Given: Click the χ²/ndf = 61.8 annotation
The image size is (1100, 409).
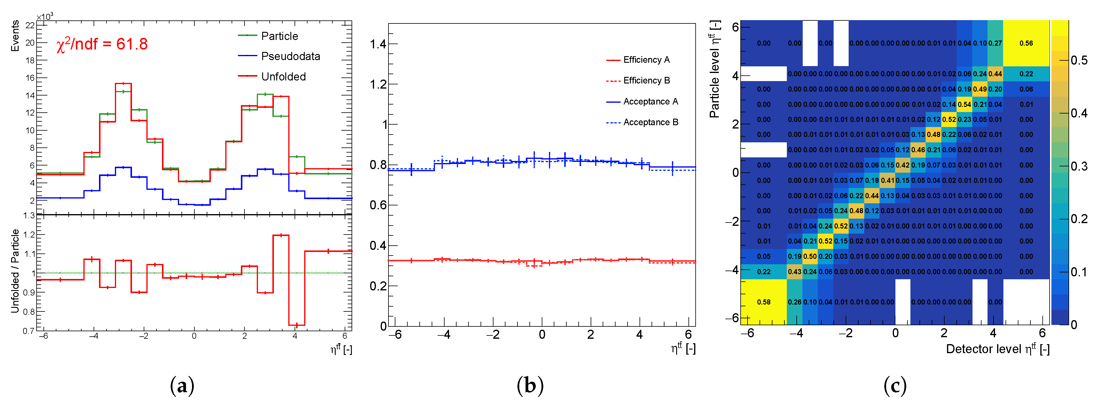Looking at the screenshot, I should tap(102, 44).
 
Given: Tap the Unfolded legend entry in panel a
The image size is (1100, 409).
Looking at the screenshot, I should tap(283, 77).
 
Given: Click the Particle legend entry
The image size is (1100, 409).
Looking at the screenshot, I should tap(279, 36).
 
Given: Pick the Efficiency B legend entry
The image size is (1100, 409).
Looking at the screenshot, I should tap(646, 81).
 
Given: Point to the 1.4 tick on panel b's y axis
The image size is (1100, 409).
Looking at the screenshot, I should tap(378, 44).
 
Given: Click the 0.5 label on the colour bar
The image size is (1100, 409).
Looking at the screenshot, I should tap(1079, 60).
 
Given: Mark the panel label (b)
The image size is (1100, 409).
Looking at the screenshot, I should tap(530, 386).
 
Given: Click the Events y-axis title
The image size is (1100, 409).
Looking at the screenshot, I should tap(15, 36).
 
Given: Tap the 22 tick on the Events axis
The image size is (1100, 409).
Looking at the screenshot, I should tap(30, 26).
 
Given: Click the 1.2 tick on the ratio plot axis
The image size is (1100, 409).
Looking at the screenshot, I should tap(29, 235).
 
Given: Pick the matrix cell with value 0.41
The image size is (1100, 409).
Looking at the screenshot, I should tap(887, 180).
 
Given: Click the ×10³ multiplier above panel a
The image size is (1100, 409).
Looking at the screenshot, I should tap(45, 17).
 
